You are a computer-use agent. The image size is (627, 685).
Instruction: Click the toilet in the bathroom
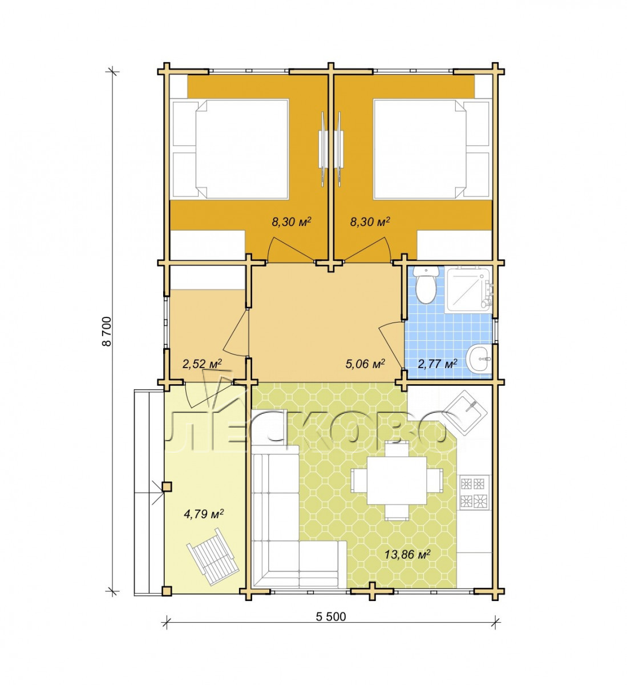(425, 285)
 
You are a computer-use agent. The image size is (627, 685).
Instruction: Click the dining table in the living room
(397, 479)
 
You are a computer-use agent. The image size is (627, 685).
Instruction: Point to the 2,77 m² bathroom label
(437, 364)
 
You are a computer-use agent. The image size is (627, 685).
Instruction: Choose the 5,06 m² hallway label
(365, 364)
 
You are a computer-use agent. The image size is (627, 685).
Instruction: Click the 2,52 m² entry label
(202, 364)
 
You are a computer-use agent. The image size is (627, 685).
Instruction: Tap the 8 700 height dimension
(107, 331)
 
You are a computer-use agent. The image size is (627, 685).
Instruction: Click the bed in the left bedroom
(230, 149)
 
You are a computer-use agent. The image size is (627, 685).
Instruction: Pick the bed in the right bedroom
(431, 149)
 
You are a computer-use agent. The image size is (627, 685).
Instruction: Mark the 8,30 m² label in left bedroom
(291, 222)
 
